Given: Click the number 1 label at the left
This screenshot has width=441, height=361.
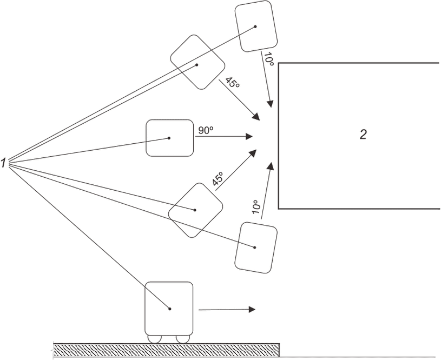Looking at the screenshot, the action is [3, 163].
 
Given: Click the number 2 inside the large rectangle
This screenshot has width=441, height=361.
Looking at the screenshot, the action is [363, 135].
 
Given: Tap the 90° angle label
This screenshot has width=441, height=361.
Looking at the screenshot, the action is [206, 130].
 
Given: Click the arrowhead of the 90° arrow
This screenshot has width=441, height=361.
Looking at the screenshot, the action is [249, 137].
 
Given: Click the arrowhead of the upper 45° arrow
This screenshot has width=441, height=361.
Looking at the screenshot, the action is [256, 117].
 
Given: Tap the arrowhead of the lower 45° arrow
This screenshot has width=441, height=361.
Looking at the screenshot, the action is [253, 153].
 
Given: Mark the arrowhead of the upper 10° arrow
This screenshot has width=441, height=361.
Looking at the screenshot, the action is [270, 103].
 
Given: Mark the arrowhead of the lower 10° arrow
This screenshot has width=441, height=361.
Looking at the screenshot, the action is [271, 165].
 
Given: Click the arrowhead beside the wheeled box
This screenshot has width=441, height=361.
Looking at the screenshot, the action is [252, 309].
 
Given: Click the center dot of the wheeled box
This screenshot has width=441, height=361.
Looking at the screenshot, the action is [169, 309].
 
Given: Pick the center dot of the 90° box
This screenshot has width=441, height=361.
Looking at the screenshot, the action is [169, 138].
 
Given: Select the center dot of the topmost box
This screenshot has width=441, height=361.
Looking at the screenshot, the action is [255, 26].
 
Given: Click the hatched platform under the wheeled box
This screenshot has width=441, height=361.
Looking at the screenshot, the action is [166, 350].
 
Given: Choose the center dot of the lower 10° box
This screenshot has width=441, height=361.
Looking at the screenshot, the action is [255, 248].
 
